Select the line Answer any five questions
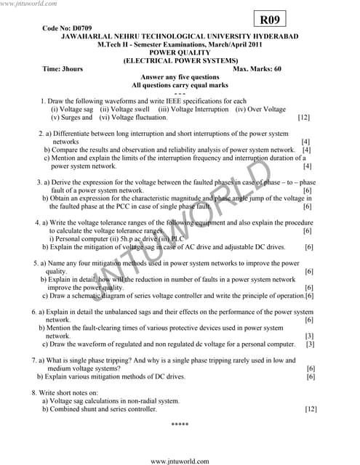[x=179, y=77]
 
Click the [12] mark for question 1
[x=304, y=117]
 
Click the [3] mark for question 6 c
[x=310, y=344]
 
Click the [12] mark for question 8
[x=311, y=409]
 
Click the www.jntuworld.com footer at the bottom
[x=180, y=460]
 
